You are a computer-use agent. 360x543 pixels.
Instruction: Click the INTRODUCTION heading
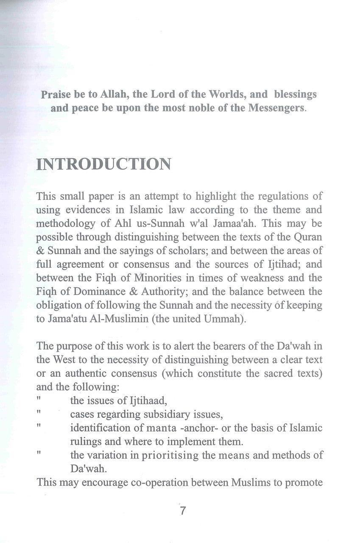click(x=104, y=165)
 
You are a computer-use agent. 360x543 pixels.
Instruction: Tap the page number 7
click(x=183, y=511)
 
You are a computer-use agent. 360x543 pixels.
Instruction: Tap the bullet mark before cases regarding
click(x=39, y=411)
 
